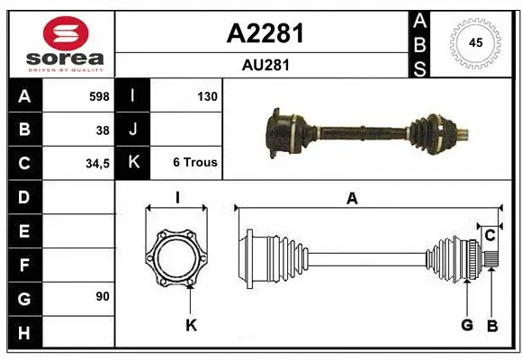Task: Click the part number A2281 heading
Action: (x=264, y=33)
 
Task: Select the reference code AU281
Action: (x=264, y=65)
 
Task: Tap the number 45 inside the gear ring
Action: (x=475, y=41)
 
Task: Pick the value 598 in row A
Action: (x=99, y=95)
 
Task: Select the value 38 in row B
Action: (x=103, y=130)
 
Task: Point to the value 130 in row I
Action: (x=206, y=95)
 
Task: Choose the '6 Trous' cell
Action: (x=195, y=163)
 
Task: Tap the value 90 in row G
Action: (x=103, y=296)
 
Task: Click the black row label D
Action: (x=23, y=196)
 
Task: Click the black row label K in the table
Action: (x=134, y=163)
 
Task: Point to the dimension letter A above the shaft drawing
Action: (x=352, y=199)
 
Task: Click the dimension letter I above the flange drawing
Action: (x=177, y=199)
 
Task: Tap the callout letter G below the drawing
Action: (x=467, y=324)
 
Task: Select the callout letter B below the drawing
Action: (x=492, y=324)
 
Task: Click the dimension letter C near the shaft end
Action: (x=490, y=236)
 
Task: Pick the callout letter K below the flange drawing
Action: (x=190, y=324)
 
